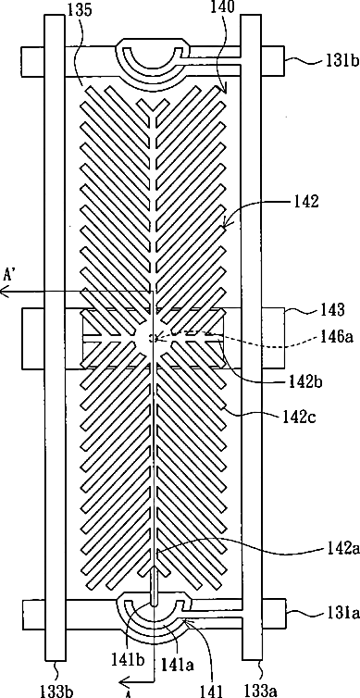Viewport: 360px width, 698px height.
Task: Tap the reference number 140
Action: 220,6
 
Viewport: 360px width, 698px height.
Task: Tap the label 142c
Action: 298,418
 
